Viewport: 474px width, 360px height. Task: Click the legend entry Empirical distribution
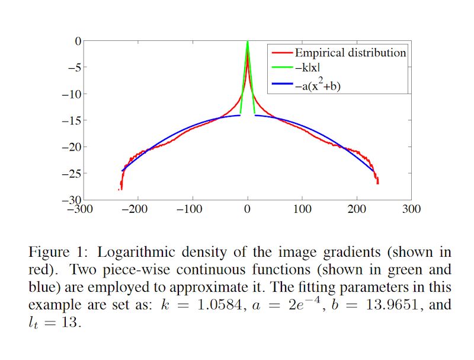tap(351, 53)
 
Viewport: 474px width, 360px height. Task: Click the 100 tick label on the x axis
tap(302, 209)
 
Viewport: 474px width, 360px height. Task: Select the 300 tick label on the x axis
tap(411, 209)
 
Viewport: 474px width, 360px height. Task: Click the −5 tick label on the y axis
tap(73, 67)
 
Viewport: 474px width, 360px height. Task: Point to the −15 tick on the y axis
tap(71, 120)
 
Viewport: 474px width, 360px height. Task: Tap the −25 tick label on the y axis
tap(71, 174)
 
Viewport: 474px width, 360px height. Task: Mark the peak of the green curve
tap(248, 42)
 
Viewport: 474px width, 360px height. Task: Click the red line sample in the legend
tap(281, 53)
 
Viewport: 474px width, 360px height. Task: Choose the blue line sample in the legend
tap(281, 86)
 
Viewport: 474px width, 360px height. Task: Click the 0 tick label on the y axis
tap(77, 40)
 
